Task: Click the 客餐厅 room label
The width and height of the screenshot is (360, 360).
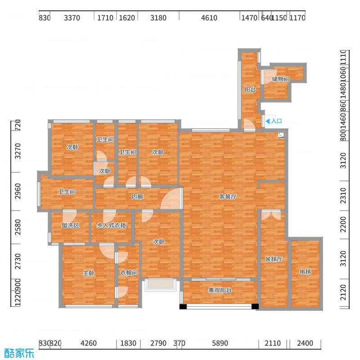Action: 228,197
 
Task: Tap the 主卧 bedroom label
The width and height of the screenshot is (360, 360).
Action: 89,273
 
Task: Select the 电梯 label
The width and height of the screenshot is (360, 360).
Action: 305,272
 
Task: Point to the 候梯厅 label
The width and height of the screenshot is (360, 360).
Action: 274,259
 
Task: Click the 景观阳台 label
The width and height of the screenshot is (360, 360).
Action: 220,290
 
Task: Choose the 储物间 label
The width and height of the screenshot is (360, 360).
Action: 280,79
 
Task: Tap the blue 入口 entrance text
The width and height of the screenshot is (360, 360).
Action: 276,121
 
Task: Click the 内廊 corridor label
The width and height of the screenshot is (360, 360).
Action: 137,197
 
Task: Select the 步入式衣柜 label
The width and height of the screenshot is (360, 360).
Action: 111,225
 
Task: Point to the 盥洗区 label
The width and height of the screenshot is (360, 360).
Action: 71,225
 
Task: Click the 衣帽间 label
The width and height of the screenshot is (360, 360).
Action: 129,273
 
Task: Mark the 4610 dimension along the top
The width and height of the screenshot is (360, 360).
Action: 209,18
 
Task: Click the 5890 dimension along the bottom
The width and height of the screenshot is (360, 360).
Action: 220,343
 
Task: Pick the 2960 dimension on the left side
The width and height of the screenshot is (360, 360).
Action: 18,191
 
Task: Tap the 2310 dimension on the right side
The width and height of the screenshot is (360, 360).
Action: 343,196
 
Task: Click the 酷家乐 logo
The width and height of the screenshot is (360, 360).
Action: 19,353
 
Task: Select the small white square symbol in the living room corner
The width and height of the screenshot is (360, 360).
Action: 281,135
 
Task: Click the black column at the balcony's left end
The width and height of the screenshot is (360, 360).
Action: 183,306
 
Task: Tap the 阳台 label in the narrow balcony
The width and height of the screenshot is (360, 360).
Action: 250,89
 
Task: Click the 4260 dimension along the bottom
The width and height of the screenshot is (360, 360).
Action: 89,343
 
